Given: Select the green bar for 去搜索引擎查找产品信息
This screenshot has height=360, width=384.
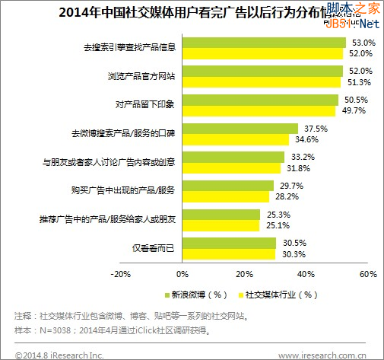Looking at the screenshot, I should point(264,43).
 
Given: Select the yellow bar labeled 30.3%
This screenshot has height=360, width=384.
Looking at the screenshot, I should point(228,254).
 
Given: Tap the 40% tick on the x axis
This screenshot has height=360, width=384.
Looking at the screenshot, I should point(306,273).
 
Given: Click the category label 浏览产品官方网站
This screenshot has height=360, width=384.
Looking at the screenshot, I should point(143,76).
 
